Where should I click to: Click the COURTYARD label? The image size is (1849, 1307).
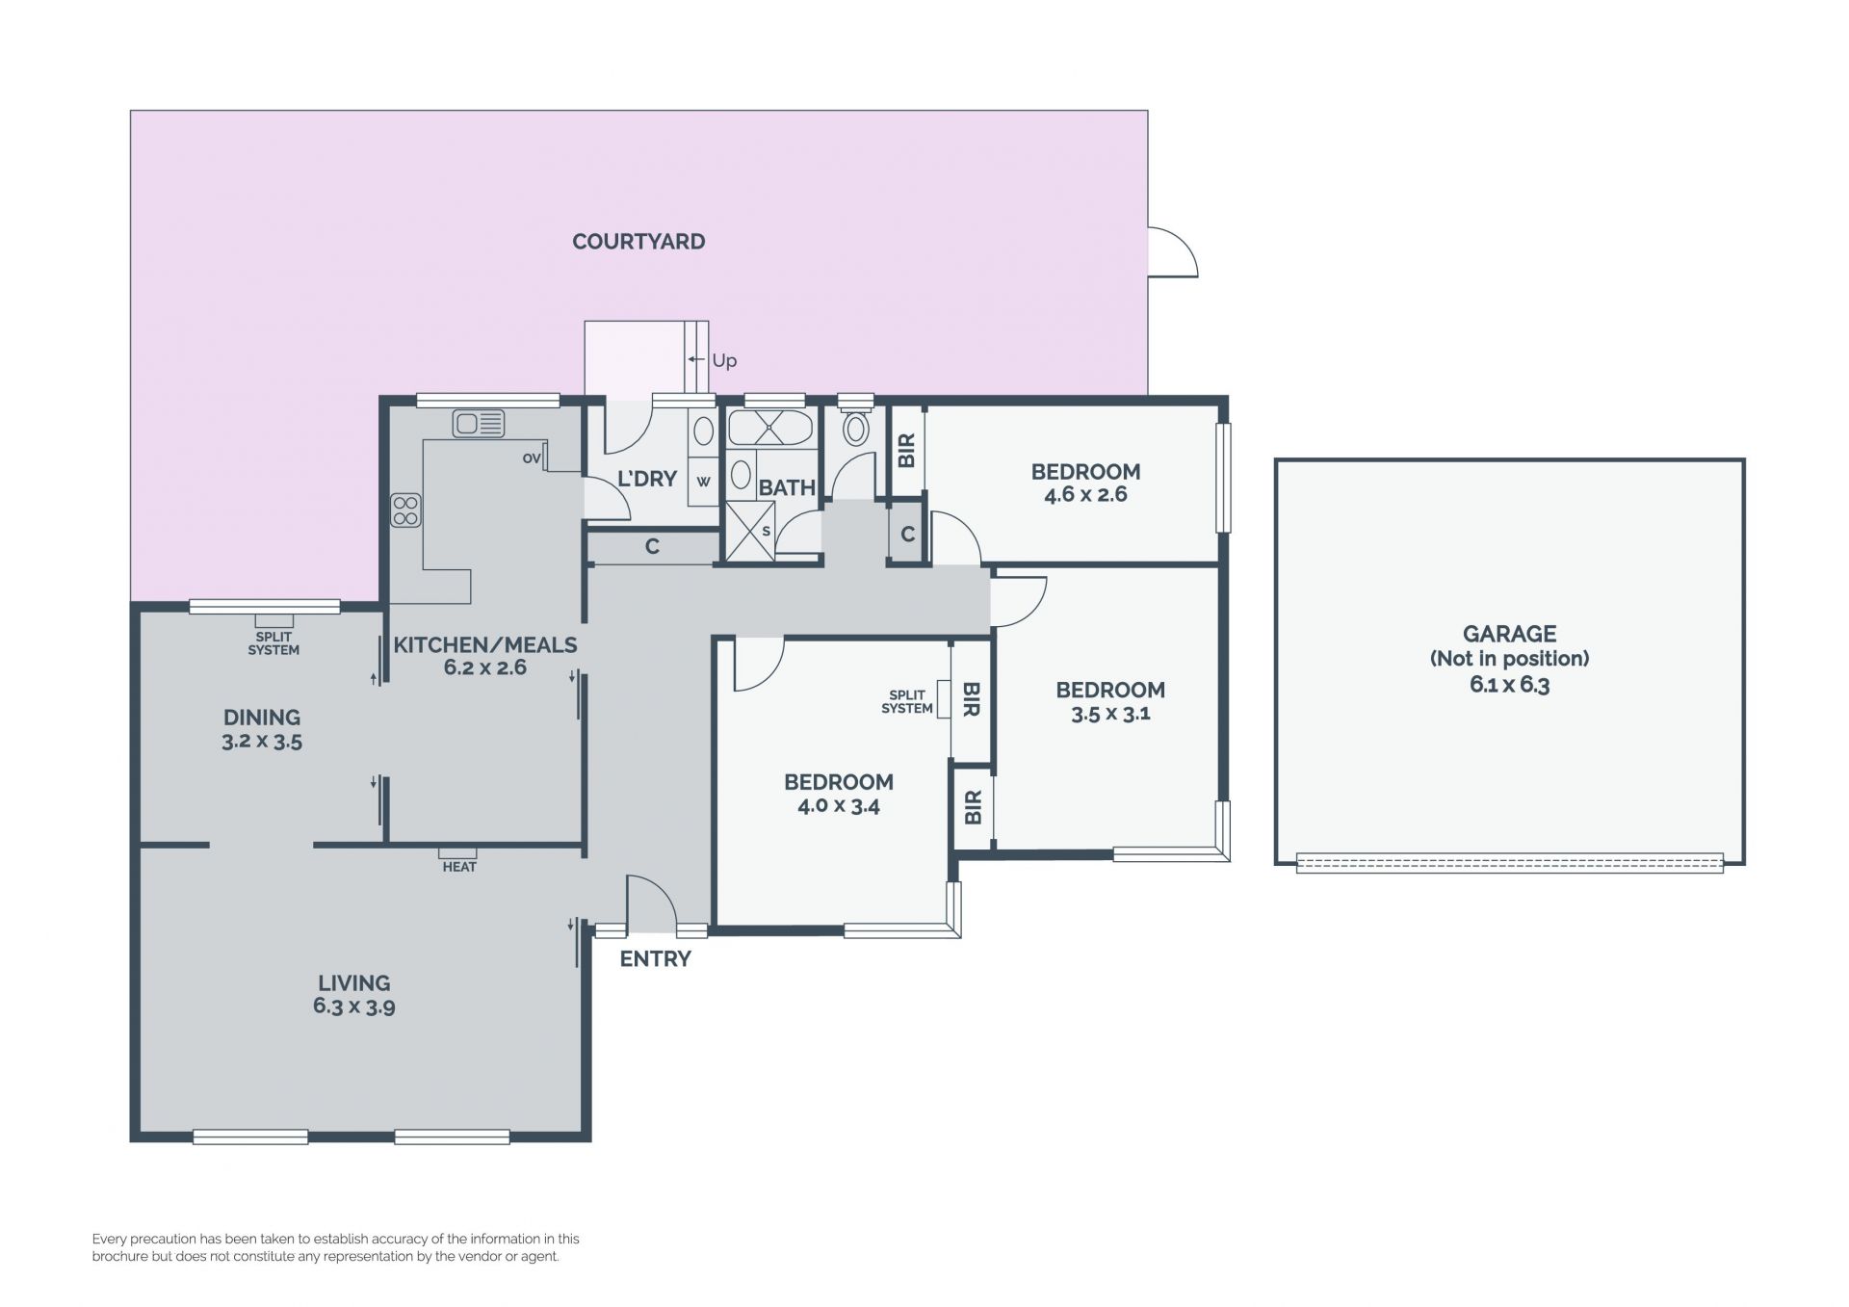(x=638, y=242)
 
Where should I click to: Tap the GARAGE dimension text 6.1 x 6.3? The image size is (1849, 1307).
(x=1509, y=685)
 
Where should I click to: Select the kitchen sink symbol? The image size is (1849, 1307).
(x=479, y=423)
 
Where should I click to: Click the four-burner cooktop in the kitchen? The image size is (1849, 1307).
(x=405, y=510)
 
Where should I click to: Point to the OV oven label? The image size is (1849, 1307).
(x=531, y=458)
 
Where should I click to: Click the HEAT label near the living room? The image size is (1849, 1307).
(x=459, y=867)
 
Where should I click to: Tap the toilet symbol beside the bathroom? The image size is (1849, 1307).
(x=855, y=424)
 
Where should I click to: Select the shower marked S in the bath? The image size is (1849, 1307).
(x=750, y=531)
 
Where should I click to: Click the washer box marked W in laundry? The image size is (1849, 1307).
(x=704, y=482)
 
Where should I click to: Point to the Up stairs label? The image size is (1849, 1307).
(x=724, y=360)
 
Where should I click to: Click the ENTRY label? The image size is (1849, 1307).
(x=655, y=959)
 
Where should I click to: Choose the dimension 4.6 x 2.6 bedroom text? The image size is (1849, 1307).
(x=1085, y=495)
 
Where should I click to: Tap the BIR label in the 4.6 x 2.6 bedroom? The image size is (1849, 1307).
(x=906, y=450)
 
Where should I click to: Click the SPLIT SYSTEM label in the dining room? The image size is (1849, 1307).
(x=273, y=643)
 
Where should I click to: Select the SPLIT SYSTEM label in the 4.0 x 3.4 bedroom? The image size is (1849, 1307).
(x=907, y=701)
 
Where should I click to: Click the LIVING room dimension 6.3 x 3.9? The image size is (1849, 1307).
(x=353, y=1007)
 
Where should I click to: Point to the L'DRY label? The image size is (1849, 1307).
(x=646, y=479)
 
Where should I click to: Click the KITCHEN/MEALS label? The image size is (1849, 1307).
(x=485, y=645)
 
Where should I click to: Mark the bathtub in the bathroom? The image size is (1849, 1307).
(x=770, y=428)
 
